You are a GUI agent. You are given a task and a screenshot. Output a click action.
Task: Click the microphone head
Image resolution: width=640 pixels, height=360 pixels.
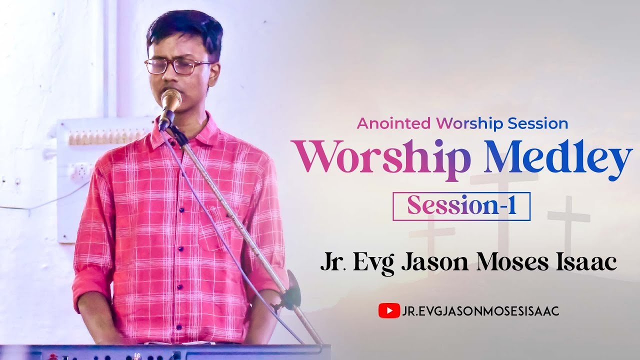coord(171,99)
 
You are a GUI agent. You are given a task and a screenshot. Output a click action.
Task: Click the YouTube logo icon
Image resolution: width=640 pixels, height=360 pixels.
coord(389,311)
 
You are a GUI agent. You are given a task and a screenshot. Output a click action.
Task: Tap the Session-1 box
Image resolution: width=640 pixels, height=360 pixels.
coord(461,206)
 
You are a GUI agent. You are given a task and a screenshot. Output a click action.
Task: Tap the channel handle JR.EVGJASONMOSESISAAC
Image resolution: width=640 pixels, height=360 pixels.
coord(480,311)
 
